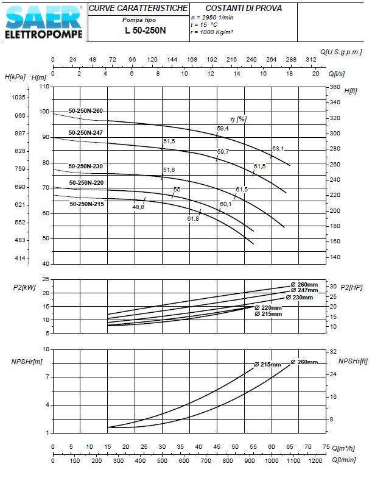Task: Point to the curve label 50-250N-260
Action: [x=86, y=111]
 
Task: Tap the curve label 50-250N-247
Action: [x=86, y=132]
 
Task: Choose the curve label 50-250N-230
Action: [x=86, y=166]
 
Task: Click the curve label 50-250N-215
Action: [x=86, y=204]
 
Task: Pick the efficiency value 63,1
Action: [x=278, y=148]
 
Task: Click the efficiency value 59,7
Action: [x=223, y=151]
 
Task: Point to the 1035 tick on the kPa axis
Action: [x=18, y=98]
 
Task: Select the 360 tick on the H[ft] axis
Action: [x=334, y=87]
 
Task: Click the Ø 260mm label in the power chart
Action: [x=304, y=285]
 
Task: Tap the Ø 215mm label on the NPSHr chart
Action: [x=267, y=365]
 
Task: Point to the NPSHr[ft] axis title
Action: [x=356, y=361]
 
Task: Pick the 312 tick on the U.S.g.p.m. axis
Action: [x=311, y=59]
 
